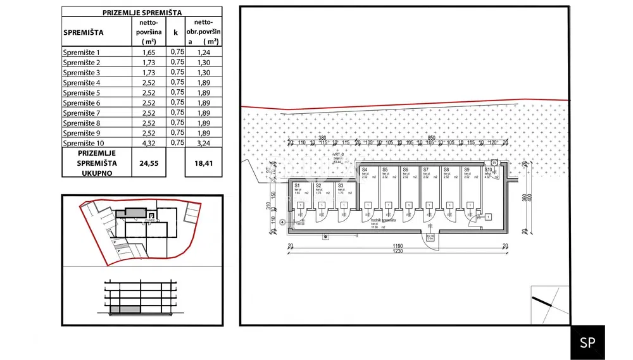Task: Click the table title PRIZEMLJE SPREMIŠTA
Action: (x=142, y=12)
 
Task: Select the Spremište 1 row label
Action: (x=82, y=53)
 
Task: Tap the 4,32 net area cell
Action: (x=148, y=143)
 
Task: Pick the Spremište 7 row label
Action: (x=82, y=113)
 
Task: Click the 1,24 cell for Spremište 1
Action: (x=203, y=53)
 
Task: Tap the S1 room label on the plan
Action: (x=298, y=185)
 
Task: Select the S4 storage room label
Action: (x=365, y=170)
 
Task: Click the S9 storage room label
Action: (x=466, y=170)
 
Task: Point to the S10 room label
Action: (x=488, y=170)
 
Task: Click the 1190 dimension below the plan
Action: (x=396, y=246)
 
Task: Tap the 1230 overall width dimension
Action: (x=396, y=252)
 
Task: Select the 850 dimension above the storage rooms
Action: (x=430, y=138)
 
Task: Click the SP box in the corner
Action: (x=587, y=342)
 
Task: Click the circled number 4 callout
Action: (x=281, y=221)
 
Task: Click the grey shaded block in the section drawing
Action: (x=124, y=309)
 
